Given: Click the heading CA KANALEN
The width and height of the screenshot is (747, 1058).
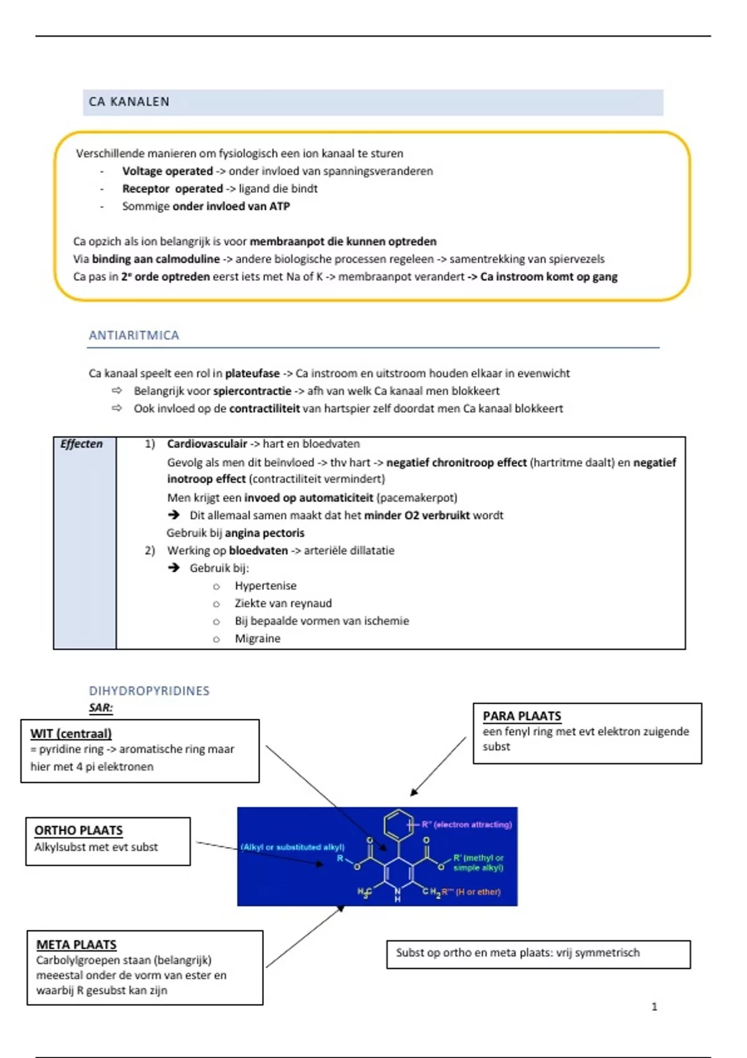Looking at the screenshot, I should coord(129,102).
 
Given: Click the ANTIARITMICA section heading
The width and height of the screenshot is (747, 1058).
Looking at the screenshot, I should coord(134,335).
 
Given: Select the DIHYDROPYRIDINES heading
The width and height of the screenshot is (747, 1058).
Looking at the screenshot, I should coord(149,691).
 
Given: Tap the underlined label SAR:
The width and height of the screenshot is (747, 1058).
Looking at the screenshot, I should coord(101,708).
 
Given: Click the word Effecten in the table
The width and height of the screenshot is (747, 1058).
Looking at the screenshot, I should coord(82,444).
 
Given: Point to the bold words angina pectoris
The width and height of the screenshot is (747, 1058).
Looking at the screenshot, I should coord(265,533).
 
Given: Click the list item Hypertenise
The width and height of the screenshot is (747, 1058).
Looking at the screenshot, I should coord(265,586).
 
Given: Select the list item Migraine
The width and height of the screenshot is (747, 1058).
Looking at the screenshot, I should coord(257,639).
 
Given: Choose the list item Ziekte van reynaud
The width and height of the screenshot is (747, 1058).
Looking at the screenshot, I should coord(283,603).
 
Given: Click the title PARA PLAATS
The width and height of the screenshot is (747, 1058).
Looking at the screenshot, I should coord(522,716).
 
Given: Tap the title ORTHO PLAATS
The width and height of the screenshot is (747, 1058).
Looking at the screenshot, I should coord(78,830).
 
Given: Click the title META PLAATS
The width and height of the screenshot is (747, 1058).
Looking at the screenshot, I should coord(76,945).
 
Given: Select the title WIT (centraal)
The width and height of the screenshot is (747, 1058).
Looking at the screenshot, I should coord(71,734).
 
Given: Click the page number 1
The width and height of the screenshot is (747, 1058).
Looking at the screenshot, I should coord(654,1006).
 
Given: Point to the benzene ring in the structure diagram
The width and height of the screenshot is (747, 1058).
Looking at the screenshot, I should coord(398,825).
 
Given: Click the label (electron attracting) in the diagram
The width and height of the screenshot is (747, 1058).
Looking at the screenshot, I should coord(472,825).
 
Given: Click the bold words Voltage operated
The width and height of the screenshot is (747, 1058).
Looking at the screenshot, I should coord(167,171).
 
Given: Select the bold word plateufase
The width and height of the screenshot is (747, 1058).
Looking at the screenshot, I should coord(252,373).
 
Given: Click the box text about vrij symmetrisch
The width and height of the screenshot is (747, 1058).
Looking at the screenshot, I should coord(517,953).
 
